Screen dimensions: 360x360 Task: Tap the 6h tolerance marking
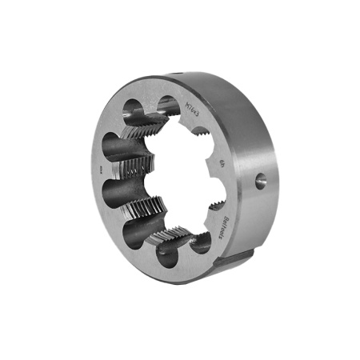222,166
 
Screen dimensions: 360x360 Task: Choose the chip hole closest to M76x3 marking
167,104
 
